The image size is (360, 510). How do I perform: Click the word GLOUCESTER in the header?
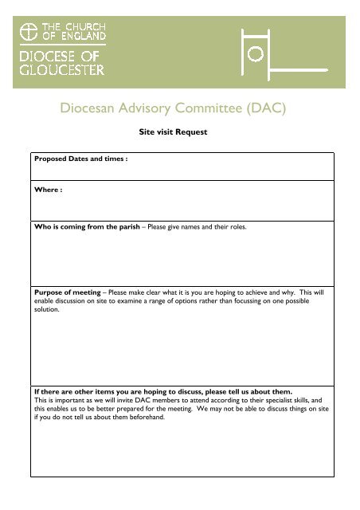click(61, 69)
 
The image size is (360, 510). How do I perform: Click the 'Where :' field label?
click(48, 191)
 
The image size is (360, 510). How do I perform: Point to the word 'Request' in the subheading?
click(192, 132)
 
